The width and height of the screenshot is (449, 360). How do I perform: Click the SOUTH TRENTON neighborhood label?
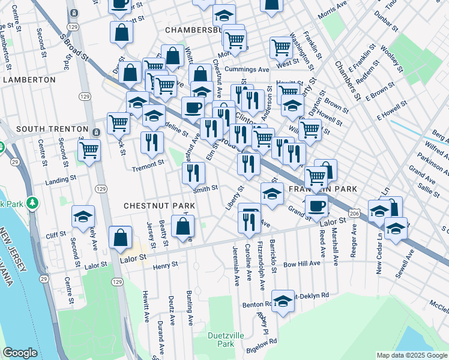(47, 130)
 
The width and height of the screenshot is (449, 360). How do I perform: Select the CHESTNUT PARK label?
(151, 206)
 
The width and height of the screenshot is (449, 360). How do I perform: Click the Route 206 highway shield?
(355, 213)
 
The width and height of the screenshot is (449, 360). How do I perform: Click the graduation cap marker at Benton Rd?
(283, 301)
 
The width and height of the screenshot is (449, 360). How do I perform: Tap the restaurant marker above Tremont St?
(152, 142)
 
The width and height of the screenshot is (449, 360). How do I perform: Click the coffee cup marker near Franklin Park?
(316, 206)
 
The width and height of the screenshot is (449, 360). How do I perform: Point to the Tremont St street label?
(148, 163)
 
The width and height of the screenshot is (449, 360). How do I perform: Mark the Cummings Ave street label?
(252, 70)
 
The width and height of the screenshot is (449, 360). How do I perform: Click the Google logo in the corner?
(20, 353)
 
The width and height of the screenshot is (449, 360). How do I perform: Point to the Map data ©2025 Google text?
(411, 355)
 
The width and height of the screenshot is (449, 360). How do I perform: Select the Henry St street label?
(166, 266)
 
